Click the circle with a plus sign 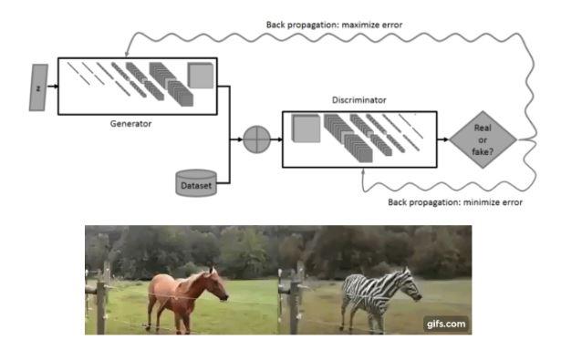pos(256,140)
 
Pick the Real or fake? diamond pos(483,140)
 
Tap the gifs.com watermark pos(445,322)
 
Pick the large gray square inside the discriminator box pos(306,129)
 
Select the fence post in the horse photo pos(102,296)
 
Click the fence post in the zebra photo pos(295,296)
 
